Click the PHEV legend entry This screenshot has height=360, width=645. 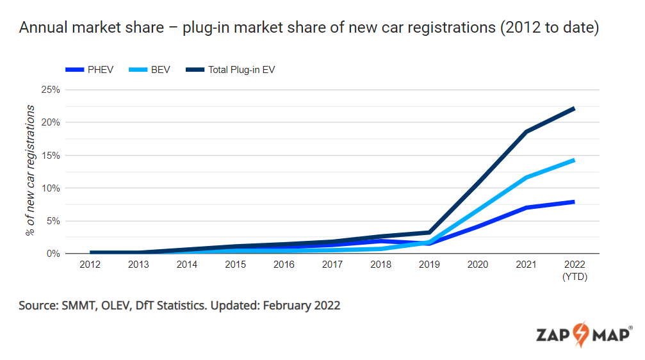[x=90, y=69]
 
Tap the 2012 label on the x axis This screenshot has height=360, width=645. [x=90, y=264]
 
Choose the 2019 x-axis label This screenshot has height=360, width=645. [x=429, y=264]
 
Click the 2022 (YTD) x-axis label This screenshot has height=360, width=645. [x=575, y=270]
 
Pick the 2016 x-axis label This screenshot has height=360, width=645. [x=284, y=264]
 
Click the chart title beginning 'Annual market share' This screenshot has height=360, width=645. [x=309, y=29]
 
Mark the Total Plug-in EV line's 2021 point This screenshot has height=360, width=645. [x=526, y=132]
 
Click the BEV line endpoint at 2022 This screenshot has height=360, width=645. [x=574, y=160]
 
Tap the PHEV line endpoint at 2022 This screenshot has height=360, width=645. [x=574, y=202]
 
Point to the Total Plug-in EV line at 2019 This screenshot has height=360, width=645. [x=429, y=233]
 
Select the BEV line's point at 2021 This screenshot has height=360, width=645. [x=526, y=177]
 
